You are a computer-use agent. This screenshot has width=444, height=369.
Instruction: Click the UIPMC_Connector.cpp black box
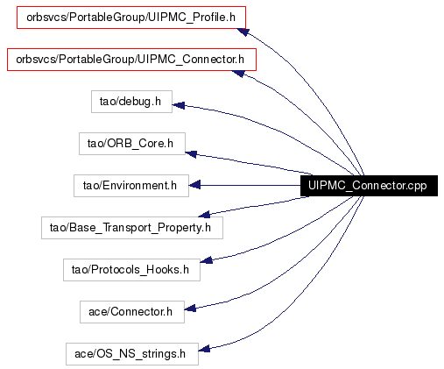(369, 186)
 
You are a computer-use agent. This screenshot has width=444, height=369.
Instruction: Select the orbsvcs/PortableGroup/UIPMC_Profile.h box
(131, 18)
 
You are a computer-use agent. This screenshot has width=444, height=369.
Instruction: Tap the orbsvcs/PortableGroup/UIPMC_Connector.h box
(131, 60)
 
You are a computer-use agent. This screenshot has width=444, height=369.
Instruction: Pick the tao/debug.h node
(131, 102)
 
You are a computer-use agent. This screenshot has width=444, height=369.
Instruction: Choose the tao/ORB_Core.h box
(132, 144)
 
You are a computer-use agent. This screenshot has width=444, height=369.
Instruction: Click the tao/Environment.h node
(131, 186)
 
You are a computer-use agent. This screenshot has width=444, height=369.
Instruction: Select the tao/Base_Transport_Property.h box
(132, 228)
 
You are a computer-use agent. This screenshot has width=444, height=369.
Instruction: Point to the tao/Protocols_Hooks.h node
(131, 270)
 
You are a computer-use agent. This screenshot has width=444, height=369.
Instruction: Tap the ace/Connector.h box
(132, 312)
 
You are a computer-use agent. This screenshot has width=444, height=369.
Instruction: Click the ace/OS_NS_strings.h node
(132, 354)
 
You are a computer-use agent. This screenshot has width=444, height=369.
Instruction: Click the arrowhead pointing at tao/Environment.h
(194, 185)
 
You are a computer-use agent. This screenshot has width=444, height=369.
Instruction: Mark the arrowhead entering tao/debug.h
(179, 105)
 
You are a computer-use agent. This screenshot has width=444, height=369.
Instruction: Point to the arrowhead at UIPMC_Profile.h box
(243, 32)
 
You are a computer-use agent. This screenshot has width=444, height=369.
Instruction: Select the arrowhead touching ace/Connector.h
(190, 309)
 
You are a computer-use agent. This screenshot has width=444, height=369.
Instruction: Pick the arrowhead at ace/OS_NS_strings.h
(204, 349)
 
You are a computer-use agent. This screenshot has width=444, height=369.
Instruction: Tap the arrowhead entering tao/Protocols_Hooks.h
(207, 259)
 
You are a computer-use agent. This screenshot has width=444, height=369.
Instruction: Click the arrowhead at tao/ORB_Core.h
(191, 153)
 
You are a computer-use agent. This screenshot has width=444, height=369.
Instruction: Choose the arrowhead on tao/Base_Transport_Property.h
(204, 215)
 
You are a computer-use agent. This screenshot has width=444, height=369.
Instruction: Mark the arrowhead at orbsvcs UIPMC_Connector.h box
(238, 74)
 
